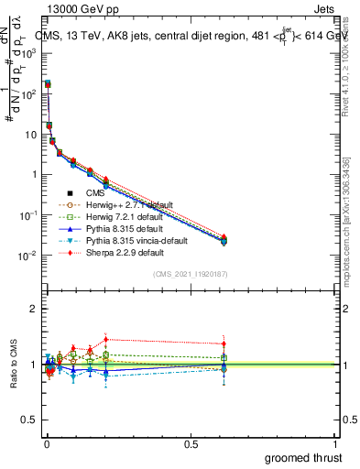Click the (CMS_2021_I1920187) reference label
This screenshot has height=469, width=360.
click(x=190, y=274)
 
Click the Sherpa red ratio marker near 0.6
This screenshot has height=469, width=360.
click(x=224, y=344)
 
